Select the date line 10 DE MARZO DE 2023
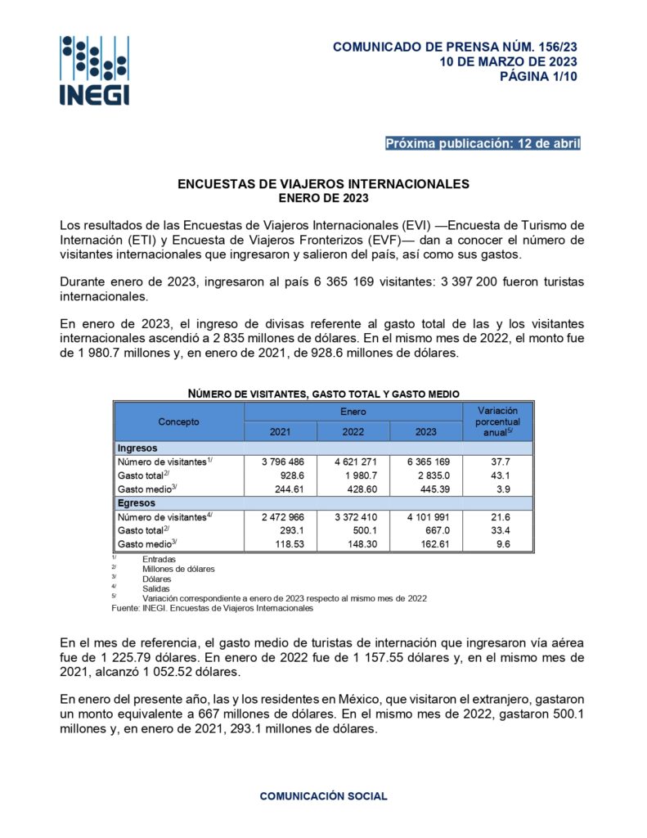click(x=508, y=62)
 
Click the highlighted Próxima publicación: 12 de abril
click(x=483, y=144)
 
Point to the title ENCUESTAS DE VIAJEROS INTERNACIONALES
click(x=323, y=184)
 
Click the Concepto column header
click(x=178, y=421)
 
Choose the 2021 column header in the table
click(x=280, y=431)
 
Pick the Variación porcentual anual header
click(x=497, y=421)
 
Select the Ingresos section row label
click(x=137, y=448)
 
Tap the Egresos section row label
click(x=137, y=503)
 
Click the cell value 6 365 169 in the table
click(x=425, y=462)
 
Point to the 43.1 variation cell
click(x=497, y=475)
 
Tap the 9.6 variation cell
click(x=497, y=544)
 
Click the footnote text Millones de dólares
click(x=178, y=568)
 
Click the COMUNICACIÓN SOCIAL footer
click(x=323, y=795)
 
